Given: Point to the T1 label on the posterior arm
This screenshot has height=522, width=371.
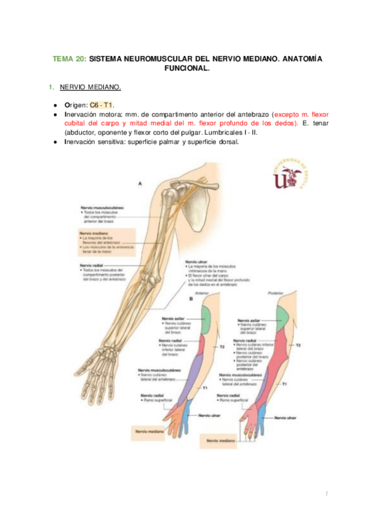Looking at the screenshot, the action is [x=284, y=384].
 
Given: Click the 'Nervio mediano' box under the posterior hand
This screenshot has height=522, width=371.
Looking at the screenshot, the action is [x=224, y=441].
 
